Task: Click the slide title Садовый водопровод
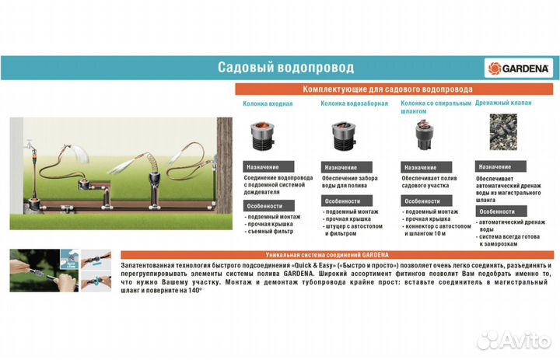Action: (285, 68)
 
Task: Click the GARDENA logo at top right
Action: (519, 68)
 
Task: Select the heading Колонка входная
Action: (268, 103)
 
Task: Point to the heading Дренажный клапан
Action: (503, 103)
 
